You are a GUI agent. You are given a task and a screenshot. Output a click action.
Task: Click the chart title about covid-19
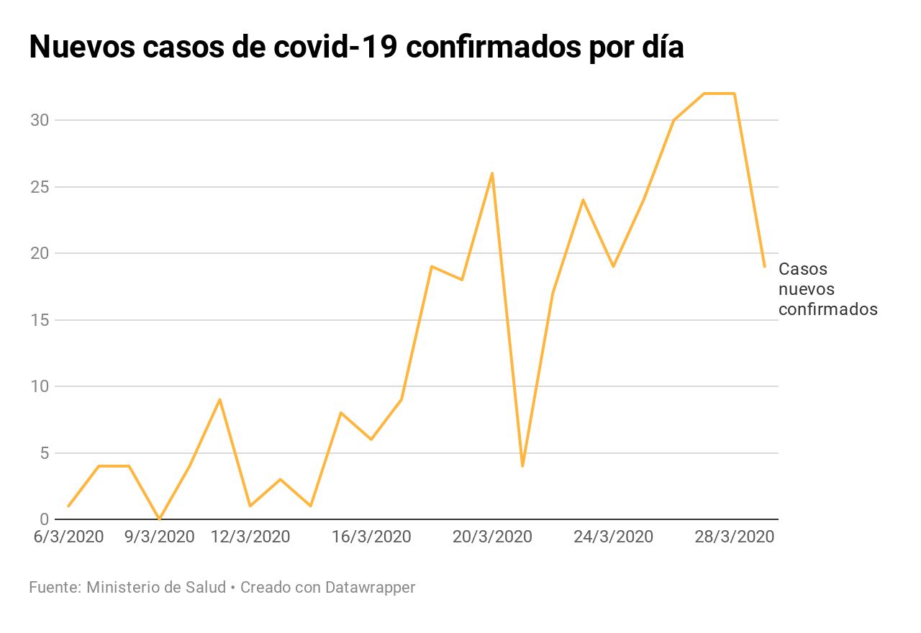point(356,47)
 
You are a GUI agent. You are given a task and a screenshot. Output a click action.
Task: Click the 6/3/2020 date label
point(68,537)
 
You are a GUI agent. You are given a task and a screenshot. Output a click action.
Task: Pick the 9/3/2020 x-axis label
point(159,537)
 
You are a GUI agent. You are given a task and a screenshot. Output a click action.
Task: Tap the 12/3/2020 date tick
point(250,537)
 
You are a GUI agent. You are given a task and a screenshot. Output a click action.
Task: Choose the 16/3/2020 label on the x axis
point(371,537)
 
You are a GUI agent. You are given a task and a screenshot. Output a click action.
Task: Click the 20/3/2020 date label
point(492,537)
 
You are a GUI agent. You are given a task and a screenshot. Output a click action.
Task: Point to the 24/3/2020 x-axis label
point(613,537)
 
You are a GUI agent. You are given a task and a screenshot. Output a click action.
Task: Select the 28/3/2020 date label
point(734,537)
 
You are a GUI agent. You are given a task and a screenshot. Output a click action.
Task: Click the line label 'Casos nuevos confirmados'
point(827,289)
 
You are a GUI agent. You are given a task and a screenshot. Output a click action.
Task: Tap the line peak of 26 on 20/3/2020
point(492,173)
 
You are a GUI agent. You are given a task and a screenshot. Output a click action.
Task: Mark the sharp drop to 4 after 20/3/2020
point(522,466)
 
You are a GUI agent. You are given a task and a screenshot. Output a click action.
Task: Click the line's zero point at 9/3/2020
point(159,519)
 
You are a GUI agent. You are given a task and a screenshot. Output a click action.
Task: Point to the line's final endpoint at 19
point(764,266)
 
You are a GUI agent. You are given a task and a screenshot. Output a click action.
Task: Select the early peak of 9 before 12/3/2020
point(219,399)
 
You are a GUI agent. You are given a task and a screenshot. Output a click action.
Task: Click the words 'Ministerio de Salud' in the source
point(155,588)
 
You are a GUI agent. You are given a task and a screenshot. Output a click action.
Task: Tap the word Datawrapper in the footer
point(370,588)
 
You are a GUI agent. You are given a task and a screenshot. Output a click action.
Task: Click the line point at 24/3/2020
point(613,266)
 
